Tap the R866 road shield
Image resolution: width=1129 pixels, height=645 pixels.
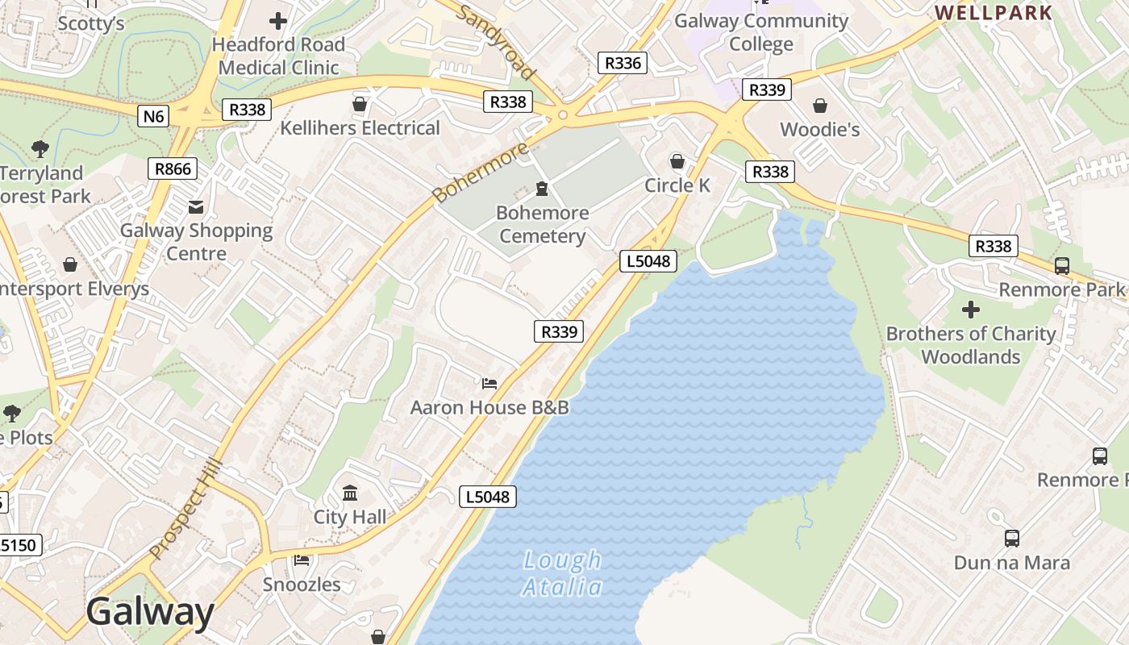click(x=173, y=169)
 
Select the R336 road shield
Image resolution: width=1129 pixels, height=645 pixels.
click(x=622, y=63)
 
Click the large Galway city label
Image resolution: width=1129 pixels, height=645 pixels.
click(x=150, y=612)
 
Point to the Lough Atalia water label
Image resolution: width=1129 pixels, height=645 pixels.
click(x=562, y=573)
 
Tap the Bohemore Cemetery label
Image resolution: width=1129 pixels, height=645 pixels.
click(x=542, y=224)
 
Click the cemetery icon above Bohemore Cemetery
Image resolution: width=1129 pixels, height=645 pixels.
click(x=542, y=189)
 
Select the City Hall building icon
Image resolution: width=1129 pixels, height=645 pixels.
click(x=350, y=493)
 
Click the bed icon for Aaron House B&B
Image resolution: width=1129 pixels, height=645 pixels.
click(x=489, y=383)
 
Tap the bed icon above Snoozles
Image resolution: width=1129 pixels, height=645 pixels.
click(x=302, y=560)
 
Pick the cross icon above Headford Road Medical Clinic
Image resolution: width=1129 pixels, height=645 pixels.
click(x=278, y=21)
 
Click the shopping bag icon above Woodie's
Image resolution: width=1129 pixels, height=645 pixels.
click(x=820, y=106)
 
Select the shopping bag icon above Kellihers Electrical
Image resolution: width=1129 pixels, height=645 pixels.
click(x=360, y=104)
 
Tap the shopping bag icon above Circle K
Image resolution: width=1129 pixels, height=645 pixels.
click(x=677, y=162)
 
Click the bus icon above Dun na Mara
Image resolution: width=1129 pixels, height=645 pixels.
click(x=1011, y=538)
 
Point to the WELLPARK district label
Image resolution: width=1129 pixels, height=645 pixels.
click(x=994, y=12)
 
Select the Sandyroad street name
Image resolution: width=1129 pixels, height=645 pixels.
click(x=497, y=42)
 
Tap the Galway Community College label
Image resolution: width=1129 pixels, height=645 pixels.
click(x=760, y=32)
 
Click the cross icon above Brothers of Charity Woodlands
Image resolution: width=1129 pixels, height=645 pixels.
click(x=971, y=310)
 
